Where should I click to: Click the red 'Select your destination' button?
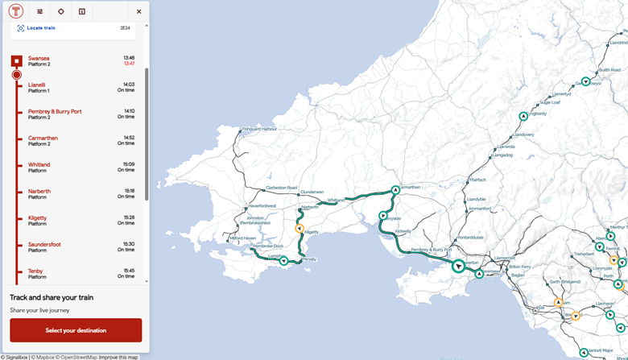tap(76, 330)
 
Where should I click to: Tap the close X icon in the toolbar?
tap(138, 12)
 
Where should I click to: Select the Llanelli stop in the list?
tap(37, 85)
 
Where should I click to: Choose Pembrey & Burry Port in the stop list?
tap(55, 111)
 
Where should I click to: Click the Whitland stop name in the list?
tap(39, 164)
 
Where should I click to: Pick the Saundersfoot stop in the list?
tap(44, 244)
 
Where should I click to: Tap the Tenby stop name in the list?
tap(35, 271)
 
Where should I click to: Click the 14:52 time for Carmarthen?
tap(129, 138)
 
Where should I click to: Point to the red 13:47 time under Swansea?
tap(129, 64)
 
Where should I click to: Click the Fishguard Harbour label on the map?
tap(259, 129)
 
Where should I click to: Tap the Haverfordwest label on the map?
tap(262, 205)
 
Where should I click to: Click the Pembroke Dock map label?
tap(267, 246)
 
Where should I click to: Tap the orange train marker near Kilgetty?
tap(299, 229)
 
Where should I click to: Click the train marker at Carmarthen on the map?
tap(395, 190)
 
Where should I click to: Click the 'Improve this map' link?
tap(118, 357)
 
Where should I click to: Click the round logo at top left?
tap(16, 12)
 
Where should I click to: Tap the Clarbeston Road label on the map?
tap(281, 188)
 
